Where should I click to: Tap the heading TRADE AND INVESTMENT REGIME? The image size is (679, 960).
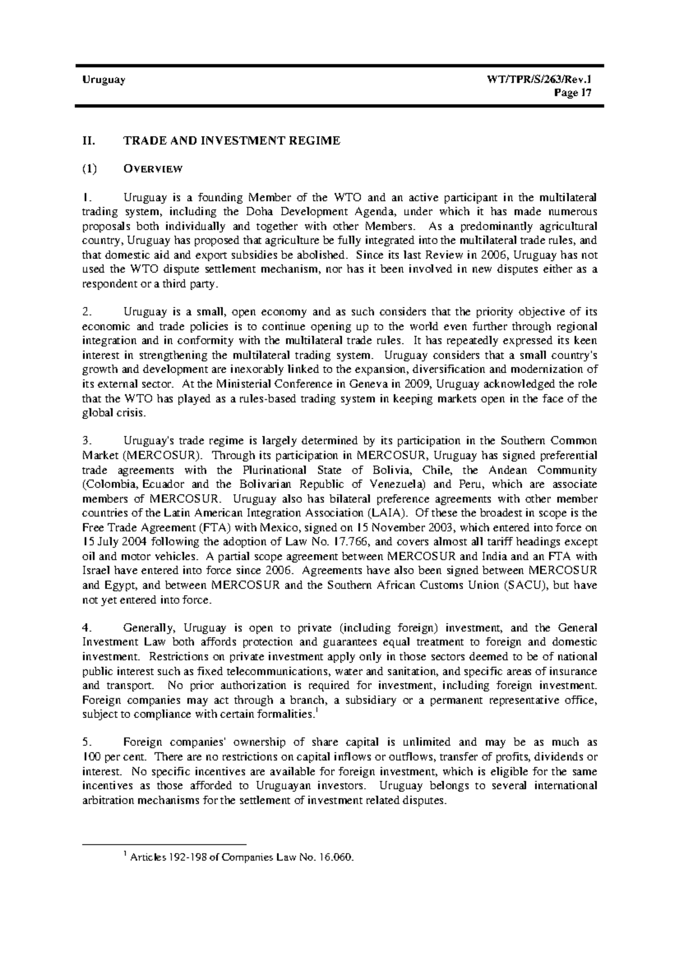[231, 141]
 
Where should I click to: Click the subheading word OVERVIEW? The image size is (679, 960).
[153, 168]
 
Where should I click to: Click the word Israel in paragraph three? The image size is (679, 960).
[94, 571]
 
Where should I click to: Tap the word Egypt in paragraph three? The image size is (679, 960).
[119, 585]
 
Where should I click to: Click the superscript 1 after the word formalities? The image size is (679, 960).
[315, 712]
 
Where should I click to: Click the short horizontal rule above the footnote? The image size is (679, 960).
[165, 846]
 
